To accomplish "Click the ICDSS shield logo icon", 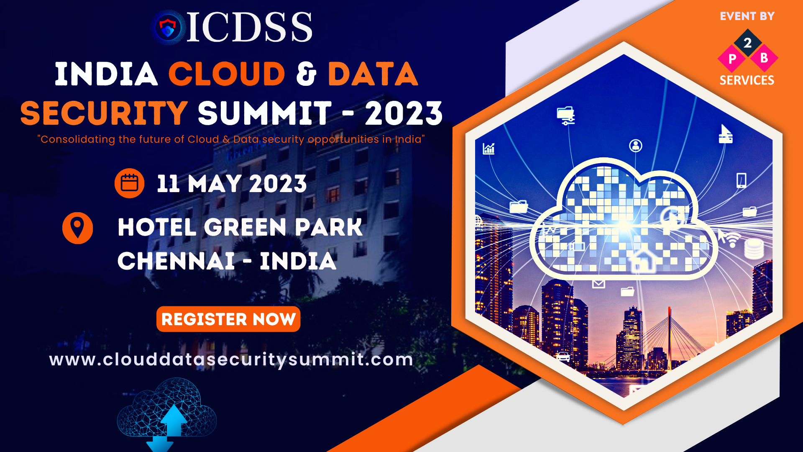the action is [x=168, y=27].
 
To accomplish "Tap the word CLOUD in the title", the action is [x=227, y=74].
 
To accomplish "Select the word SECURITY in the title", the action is [x=104, y=113].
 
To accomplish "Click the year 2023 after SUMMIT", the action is [x=404, y=113].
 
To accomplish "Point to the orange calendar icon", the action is [x=130, y=183].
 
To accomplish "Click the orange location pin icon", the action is [x=77, y=228].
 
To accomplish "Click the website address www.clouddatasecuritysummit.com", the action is [x=231, y=360].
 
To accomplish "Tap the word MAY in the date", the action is [x=215, y=184].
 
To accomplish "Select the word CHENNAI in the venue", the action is [x=176, y=261].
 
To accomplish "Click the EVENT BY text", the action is [x=747, y=16].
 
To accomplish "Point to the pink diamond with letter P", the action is [x=732, y=59].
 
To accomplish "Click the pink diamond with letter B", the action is [x=764, y=58].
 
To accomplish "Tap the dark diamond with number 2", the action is [x=748, y=42].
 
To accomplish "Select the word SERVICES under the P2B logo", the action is [x=747, y=80].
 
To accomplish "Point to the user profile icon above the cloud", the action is [x=636, y=146].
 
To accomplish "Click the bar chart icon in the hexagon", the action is [x=488, y=149].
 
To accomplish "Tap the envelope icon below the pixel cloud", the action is [x=598, y=284].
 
